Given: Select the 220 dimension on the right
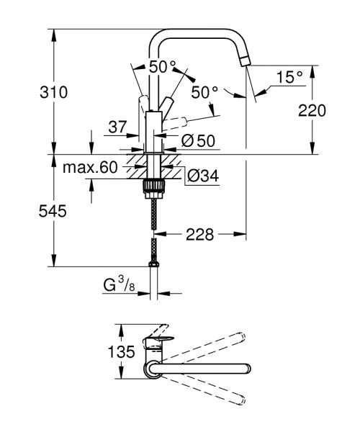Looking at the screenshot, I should (x=314, y=110).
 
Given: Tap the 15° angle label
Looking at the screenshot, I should (x=289, y=76).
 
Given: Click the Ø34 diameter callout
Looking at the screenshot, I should (x=203, y=174).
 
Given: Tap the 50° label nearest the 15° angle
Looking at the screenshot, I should (x=204, y=92).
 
